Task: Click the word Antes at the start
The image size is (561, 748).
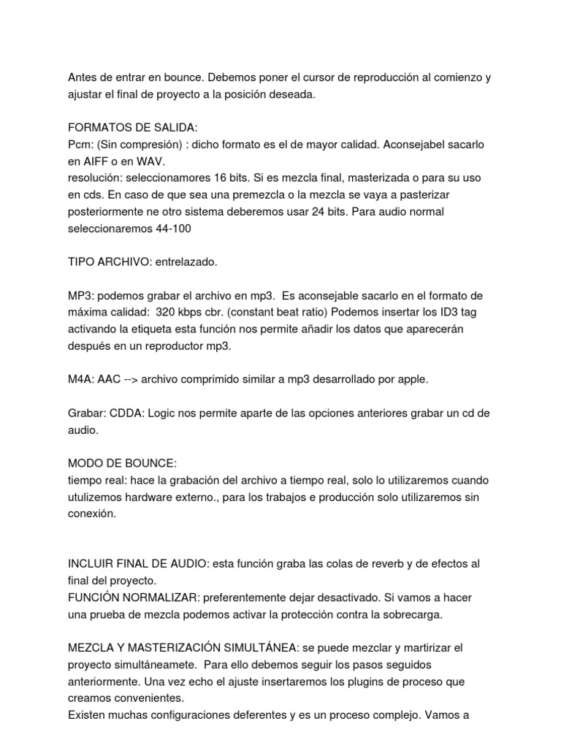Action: point(83,77)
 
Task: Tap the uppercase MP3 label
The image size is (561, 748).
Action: point(80,296)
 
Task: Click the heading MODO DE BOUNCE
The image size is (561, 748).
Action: point(122,464)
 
